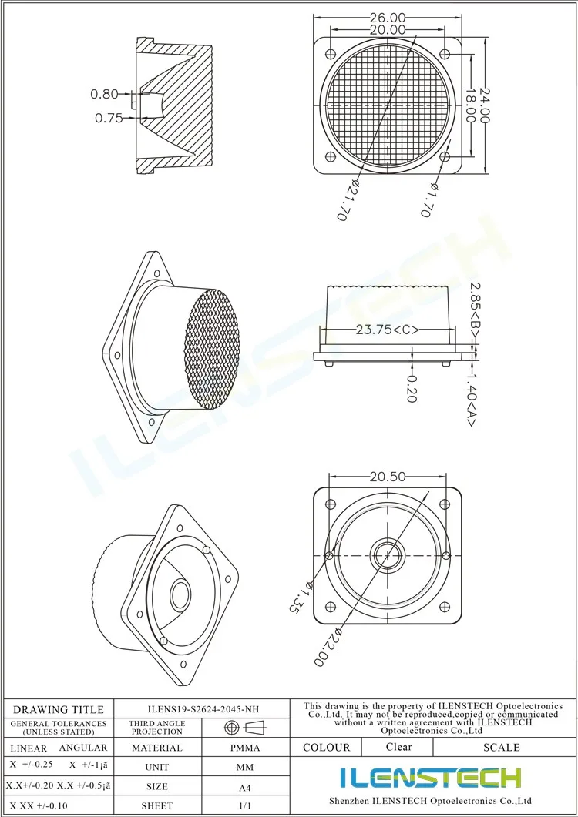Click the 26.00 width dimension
point(387,17)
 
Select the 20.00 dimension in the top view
point(387,30)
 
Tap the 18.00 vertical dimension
point(469,105)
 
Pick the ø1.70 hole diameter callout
point(429,199)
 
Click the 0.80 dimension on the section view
point(105,95)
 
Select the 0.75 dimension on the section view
point(109,118)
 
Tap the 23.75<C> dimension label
point(387,330)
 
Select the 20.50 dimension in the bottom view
point(387,477)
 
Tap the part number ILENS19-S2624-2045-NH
point(203,709)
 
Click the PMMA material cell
point(245,748)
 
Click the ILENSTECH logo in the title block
point(430,778)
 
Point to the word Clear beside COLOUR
point(398,747)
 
